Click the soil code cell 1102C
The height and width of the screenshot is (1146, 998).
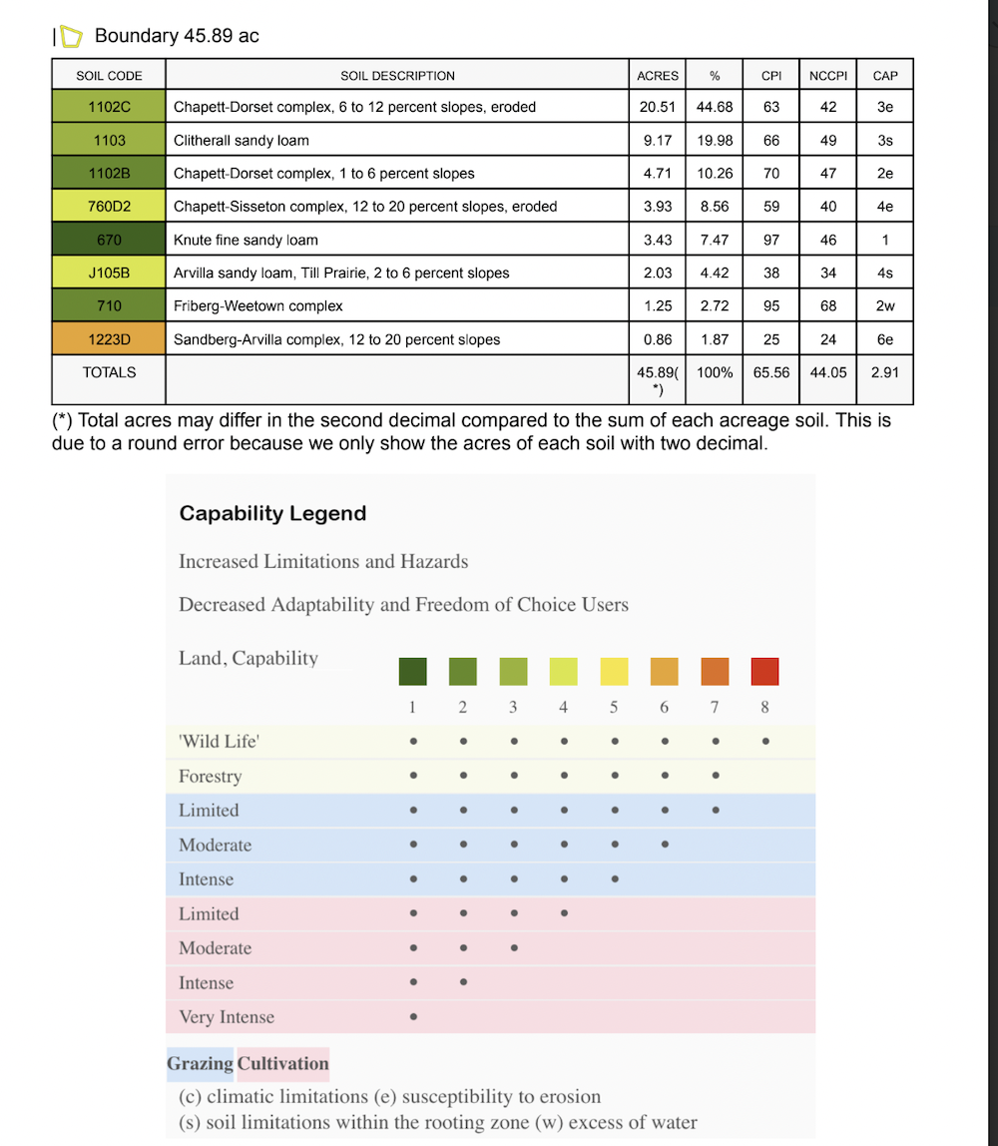coord(109,107)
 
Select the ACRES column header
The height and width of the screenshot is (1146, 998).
coord(658,76)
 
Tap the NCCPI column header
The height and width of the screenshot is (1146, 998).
coord(828,76)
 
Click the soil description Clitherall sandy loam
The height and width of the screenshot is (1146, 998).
coord(242,141)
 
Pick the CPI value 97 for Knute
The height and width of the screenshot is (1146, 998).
coord(771,240)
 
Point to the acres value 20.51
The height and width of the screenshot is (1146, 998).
coord(658,107)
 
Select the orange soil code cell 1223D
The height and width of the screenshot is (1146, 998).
coord(109,339)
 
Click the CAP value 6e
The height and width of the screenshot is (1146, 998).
coord(884,339)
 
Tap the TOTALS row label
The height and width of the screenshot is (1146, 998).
coord(109,372)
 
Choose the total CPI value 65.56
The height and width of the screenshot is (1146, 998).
coord(771,372)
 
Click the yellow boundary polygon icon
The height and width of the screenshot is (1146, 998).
coord(71,37)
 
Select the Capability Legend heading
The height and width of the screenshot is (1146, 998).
coord(272,514)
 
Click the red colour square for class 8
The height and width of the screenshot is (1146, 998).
coord(764,671)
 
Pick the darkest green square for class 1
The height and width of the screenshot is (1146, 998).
coord(412,671)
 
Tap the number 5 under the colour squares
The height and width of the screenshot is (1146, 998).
coord(614,707)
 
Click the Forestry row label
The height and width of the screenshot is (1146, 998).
coord(210,777)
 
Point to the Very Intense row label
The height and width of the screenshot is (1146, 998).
coord(227,1018)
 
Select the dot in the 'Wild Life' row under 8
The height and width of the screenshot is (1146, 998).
coord(764,742)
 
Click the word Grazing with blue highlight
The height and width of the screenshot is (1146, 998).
coord(201,1064)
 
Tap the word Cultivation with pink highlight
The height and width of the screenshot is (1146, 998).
coord(283,1064)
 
